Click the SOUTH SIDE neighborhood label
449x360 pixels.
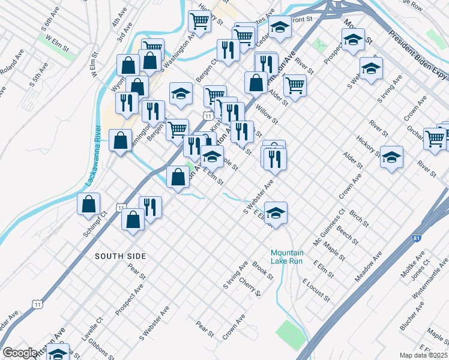tap(120, 256)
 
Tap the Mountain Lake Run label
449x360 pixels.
tap(287, 257)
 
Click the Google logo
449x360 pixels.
tap(19, 353)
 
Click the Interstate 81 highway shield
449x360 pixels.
tap(417, 239)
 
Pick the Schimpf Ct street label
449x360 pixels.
tap(95, 223)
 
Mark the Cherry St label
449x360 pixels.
tap(250, 287)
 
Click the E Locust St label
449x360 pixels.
tap(316, 290)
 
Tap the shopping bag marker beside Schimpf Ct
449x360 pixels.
tap(89, 203)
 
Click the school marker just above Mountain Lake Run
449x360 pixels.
tap(276, 212)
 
